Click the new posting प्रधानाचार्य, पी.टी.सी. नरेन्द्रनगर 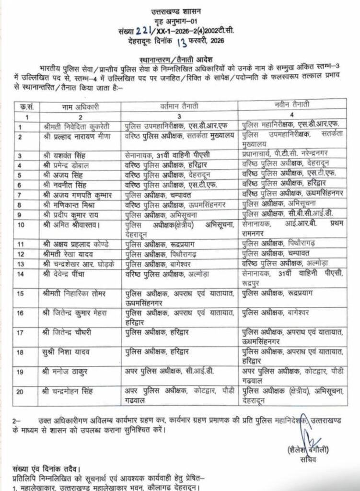pos(285,155)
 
